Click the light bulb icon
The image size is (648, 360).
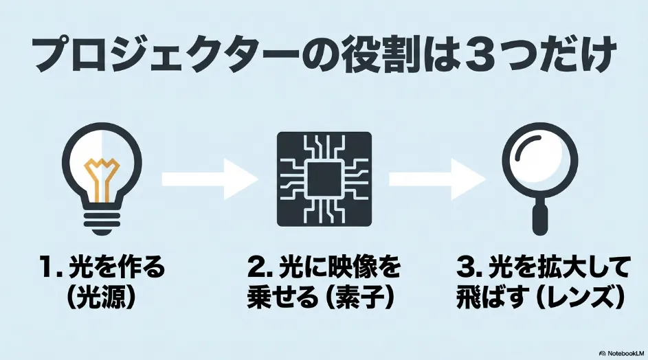pos(102,179)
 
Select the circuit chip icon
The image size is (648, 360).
pos(324,179)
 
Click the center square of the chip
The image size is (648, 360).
pos(324,179)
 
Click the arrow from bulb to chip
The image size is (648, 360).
pos(210,179)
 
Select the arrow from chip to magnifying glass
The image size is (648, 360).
pos(437,179)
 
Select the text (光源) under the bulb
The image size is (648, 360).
pos(101,296)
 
